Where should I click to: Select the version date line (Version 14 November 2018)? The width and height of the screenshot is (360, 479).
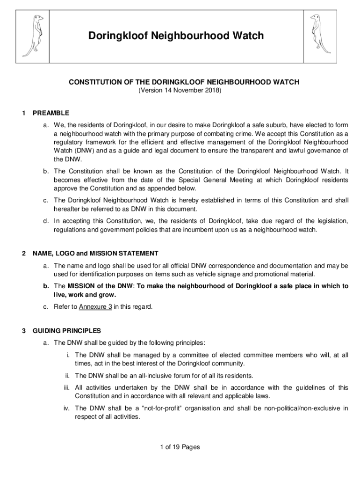[x=180, y=90]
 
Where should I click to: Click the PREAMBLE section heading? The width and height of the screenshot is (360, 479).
[x=51, y=113]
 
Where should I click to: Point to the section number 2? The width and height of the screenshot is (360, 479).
[x=23, y=254]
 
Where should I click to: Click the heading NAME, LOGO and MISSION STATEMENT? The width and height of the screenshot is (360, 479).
[x=95, y=254]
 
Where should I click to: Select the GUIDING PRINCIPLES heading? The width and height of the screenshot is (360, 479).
[x=66, y=331]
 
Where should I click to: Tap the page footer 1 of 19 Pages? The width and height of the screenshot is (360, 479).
[x=180, y=447]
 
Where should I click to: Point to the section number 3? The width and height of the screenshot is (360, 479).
[x=23, y=331]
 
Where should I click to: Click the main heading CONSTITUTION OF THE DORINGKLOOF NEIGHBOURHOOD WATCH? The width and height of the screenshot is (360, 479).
[x=184, y=82]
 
